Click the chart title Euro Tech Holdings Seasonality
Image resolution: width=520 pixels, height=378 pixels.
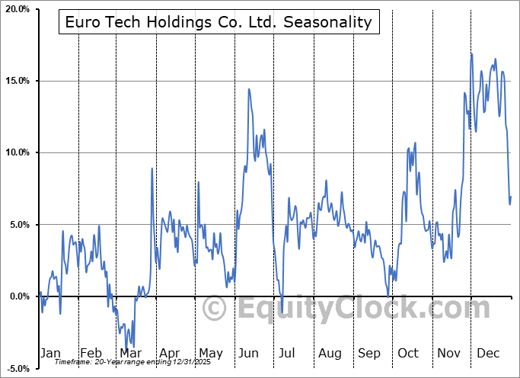(x=218, y=22)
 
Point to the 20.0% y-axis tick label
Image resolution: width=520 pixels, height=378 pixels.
(x=15, y=9)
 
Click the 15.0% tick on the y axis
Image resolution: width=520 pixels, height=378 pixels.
(x=15, y=81)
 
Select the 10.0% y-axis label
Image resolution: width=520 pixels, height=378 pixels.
(x=15, y=152)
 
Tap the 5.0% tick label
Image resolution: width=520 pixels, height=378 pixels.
(x=18, y=225)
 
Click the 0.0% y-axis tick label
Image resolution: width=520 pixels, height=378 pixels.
(x=18, y=296)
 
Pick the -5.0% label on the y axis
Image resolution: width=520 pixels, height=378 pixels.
(x=16, y=368)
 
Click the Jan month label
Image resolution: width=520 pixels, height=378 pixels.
(x=50, y=353)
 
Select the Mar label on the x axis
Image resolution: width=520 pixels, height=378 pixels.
(x=129, y=353)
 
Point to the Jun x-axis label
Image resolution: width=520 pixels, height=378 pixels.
(x=249, y=353)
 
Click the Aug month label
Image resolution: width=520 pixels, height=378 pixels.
(x=330, y=353)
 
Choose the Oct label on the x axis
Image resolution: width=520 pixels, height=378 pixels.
(x=408, y=353)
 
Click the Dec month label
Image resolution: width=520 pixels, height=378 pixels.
(x=488, y=353)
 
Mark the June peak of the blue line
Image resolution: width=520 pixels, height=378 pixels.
(x=249, y=89)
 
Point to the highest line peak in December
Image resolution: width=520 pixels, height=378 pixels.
(x=472, y=54)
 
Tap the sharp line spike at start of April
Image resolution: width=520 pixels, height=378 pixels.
(x=152, y=168)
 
